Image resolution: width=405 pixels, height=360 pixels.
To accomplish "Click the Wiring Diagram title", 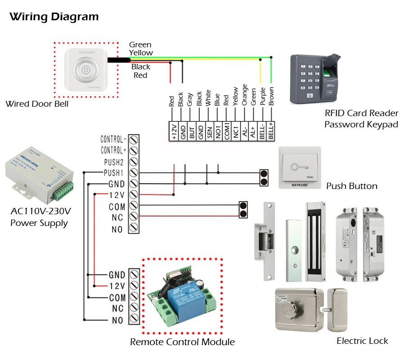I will pos(54,17).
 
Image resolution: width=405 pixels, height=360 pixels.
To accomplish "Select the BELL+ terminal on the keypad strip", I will pos(271,131).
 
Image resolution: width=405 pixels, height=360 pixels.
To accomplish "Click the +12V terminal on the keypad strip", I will pos(174,131).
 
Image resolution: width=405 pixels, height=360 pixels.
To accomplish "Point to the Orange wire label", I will pos(244,95).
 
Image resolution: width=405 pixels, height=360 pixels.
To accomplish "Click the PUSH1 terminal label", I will pos(114,173).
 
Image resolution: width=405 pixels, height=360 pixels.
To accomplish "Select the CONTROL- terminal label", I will pos(113,139).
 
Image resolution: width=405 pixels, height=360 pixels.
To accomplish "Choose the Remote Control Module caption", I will pos(182,342).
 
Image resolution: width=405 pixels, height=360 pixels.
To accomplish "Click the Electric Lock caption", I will pos(362,341).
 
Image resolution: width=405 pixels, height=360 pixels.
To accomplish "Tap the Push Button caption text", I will pos(351,186).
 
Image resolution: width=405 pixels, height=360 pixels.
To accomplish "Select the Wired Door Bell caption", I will pos(37,104).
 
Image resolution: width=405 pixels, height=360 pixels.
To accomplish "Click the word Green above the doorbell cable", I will pos(140,45).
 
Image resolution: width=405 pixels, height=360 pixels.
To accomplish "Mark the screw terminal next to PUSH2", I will pos(133,162).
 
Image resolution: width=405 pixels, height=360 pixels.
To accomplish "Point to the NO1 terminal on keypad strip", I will pos(218,131).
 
